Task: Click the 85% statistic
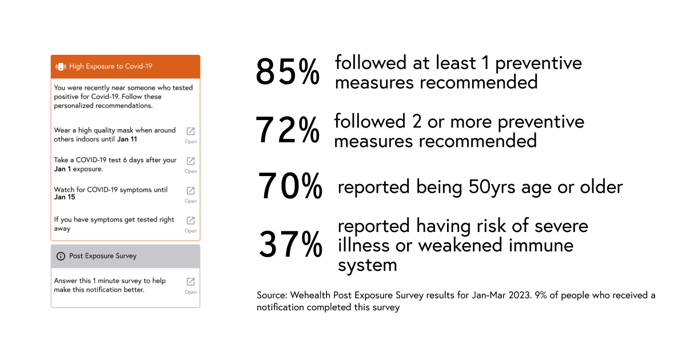pos(288,72)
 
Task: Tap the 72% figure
pos(288,130)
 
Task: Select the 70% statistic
pos(290,186)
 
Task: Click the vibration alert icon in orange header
pos(61,66)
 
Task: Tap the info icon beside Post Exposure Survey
pos(61,256)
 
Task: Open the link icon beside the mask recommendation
pos(190,131)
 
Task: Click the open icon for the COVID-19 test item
pos(190,161)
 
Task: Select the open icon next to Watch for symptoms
pos(190,191)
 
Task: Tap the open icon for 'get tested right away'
pos(190,221)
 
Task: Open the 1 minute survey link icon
pos(190,282)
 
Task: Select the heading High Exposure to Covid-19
pos(111,66)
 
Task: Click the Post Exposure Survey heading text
pos(103,256)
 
